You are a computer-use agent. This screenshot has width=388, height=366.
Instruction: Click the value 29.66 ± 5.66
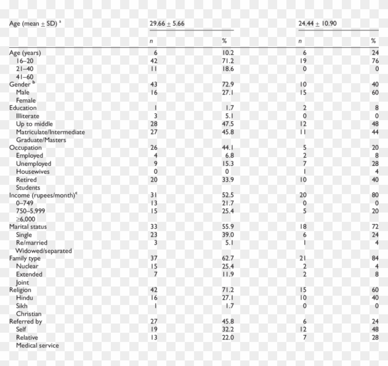pyautogui.click(x=167, y=23)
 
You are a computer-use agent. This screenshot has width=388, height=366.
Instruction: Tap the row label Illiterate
pyautogui.click(x=28, y=116)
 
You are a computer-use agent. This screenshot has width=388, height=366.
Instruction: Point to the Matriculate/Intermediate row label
pyautogui.click(x=50, y=132)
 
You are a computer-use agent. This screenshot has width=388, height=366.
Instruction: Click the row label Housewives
pyautogui.click(x=33, y=171)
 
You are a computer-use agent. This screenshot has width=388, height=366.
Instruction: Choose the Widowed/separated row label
pyautogui.click(x=44, y=250)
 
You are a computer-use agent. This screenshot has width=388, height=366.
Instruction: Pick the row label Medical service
pyautogui.click(x=37, y=345)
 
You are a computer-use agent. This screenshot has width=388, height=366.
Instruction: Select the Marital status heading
pyautogui.click(x=28, y=227)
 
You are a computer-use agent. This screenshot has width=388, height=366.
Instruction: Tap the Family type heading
pyautogui.click(x=25, y=258)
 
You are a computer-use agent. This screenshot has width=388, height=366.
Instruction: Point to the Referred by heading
pyautogui.click(x=26, y=321)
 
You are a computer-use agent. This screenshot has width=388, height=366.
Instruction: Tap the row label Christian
pyautogui.click(x=29, y=314)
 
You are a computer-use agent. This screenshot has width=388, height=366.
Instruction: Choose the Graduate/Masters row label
pyautogui.click(x=41, y=140)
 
